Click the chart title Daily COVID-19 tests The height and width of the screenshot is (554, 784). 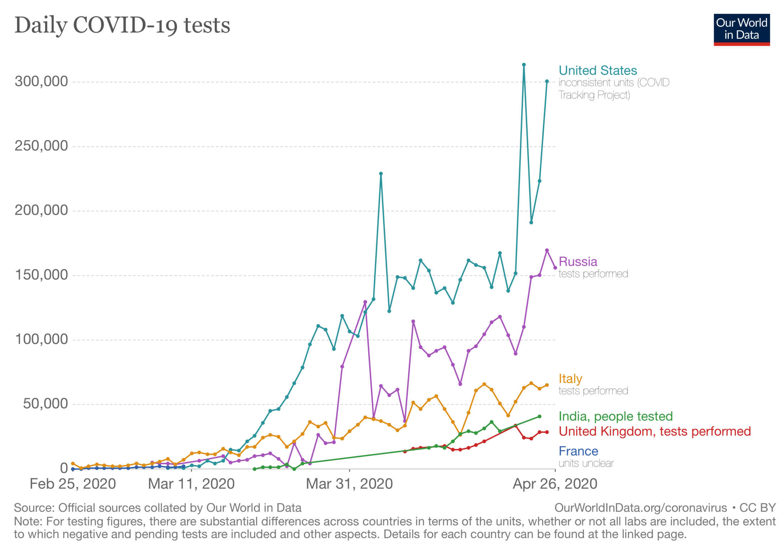(122, 26)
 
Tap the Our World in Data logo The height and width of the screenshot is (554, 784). (741, 30)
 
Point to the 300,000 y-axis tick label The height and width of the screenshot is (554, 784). (41, 82)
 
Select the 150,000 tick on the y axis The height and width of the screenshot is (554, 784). (41, 275)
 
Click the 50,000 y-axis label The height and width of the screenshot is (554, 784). (45, 404)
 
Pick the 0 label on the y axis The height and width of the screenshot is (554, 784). (64, 468)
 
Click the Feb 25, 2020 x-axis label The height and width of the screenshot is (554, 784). (73, 484)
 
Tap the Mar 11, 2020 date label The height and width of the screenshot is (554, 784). (191, 484)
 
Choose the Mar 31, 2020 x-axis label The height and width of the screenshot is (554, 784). (349, 484)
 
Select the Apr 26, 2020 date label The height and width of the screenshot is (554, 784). (555, 484)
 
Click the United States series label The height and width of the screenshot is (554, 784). (598, 71)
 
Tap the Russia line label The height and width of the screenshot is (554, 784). (578, 261)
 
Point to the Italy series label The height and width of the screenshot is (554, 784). (570, 378)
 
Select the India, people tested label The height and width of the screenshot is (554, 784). (615, 416)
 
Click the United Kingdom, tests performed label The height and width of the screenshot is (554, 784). (655, 431)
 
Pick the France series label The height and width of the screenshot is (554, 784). (578, 451)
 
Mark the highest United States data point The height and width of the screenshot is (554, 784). (524, 65)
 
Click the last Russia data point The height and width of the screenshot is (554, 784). (555, 268)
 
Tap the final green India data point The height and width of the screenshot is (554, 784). (540, 417)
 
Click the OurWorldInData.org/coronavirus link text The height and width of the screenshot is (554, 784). (640, 508)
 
